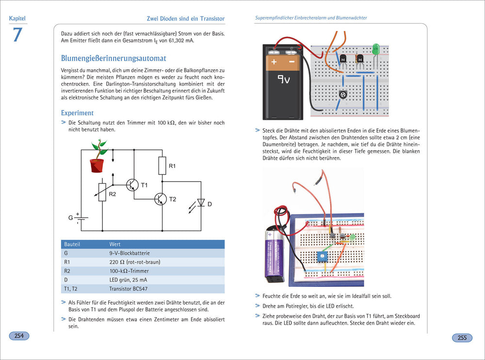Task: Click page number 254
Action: pyautogui.click(x=19, y=336)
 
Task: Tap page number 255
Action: pyautogui.click(x=462, y=338)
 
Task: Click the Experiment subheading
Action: pyautogui.click(x=78, y=113)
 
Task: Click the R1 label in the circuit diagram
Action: pyautogui.click(x=172, y=167)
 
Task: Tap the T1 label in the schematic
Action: pyautogui.click(x=144, y=186)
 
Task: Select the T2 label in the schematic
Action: pyautogui.click(x=173, y=199)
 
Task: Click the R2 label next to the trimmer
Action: pyautogui.click(x=113, y=194)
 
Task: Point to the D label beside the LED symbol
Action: pyautogui.click(x=210, y=204)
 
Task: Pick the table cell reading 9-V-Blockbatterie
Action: pyautogui.click(x=129, y=253)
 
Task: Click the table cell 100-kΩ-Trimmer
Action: pyautogui.click(x=129, y=271)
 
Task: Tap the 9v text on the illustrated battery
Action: pyautogui.click(x=283, y=78)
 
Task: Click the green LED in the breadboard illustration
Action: pyautogui.click(x=375, y=49)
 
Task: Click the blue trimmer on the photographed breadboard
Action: pyautogui.click(x=322, y=257)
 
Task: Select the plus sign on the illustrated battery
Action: pyautogui.click(x=274, y=62)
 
